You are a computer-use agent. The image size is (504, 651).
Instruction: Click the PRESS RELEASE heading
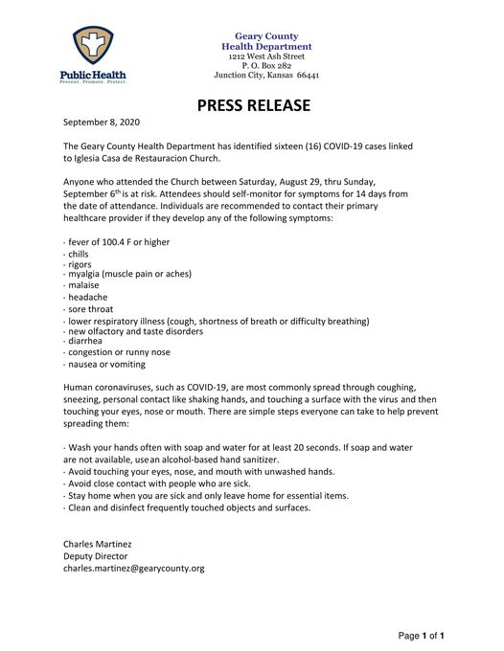pos(253,105)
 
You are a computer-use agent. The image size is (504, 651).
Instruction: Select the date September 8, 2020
pos(102,123)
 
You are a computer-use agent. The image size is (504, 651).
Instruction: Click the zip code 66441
pos(308,75)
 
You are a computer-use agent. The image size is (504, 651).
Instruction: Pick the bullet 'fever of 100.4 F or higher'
pos(118,242)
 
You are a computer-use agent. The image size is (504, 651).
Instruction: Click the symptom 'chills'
pos(78,255)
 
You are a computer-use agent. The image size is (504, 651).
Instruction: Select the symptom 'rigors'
pos(79,264)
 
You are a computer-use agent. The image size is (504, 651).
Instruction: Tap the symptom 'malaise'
pos(82,285)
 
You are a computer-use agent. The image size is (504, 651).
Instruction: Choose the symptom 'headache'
pos(86,297)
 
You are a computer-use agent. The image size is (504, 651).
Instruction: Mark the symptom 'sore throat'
pos(90,309)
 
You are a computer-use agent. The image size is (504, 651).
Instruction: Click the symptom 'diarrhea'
pos(85,341)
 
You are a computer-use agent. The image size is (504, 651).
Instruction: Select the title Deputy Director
pos(95,556)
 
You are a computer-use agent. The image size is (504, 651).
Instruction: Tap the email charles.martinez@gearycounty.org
pos(134,569)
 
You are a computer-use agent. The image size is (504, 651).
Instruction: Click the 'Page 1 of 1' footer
pos(422,636)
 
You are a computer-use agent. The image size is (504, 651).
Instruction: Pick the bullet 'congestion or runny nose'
pos(120,352)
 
